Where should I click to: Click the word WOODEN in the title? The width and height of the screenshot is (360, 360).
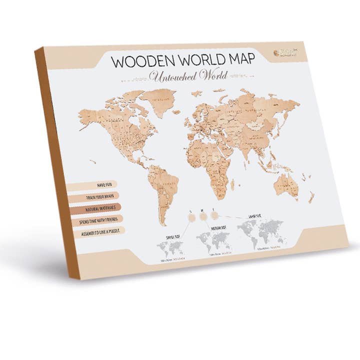coord(138,61)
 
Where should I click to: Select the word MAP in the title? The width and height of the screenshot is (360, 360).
coord(238,58)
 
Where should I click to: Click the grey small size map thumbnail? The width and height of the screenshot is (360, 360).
coord(169,248)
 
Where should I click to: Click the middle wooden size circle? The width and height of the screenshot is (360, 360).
coord(203,216)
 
